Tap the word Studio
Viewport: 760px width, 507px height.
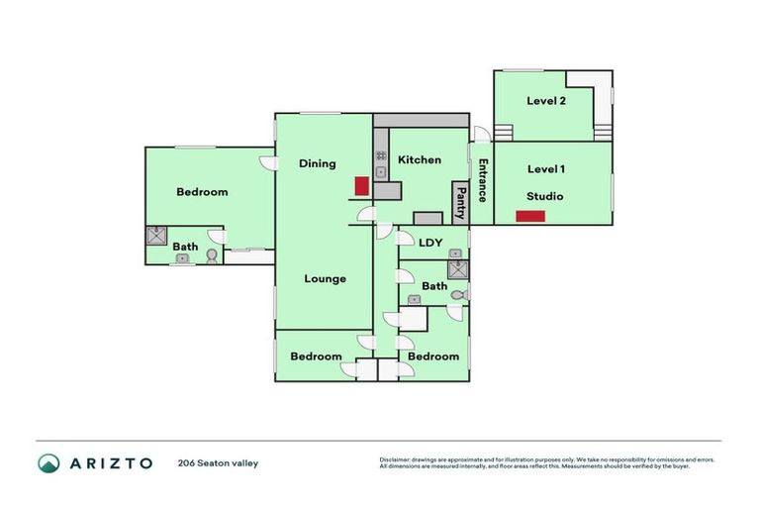pyautogui.click(x=544, y=196)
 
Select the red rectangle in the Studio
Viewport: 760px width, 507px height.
pyautogui.click(x=530, y=216)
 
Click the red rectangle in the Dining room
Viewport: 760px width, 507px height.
pyautogui.click(x=362, y=186)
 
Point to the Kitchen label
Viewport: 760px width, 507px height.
pyautogui.click(x=420, y=159)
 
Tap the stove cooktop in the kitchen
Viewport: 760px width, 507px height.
pyautogui.click(x=380, y=155)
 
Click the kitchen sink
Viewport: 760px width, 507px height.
pyautogui.click(x=380, y=173)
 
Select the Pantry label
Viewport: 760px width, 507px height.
pyautogui.click(x=460, y=203)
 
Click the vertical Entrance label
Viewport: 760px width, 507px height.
pyautogui.click(x=483, y=180)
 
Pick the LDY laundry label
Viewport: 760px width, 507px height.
pyautogui.click(x=430, y=243)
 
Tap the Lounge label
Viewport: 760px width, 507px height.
pyautogui.click(x=325, y=278)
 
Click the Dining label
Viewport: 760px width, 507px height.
pyautogui.click(x=318, y=163)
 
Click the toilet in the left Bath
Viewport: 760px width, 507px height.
pyautogui.click(x=212, y=256)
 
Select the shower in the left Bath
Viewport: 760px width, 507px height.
pyautogui.click(x=156, y=236)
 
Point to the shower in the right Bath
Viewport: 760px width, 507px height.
pyautogui.click(x=456, y=269)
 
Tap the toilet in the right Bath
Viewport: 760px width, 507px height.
pyautogui.click(x=457, y=294)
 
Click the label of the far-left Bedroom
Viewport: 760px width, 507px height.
pyautogui.click(x=202, y=192)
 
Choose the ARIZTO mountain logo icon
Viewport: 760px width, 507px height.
pyautogui.click(x=48, y=462)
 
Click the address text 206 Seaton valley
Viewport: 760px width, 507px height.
pyautogui.click(x=218, y=462)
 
